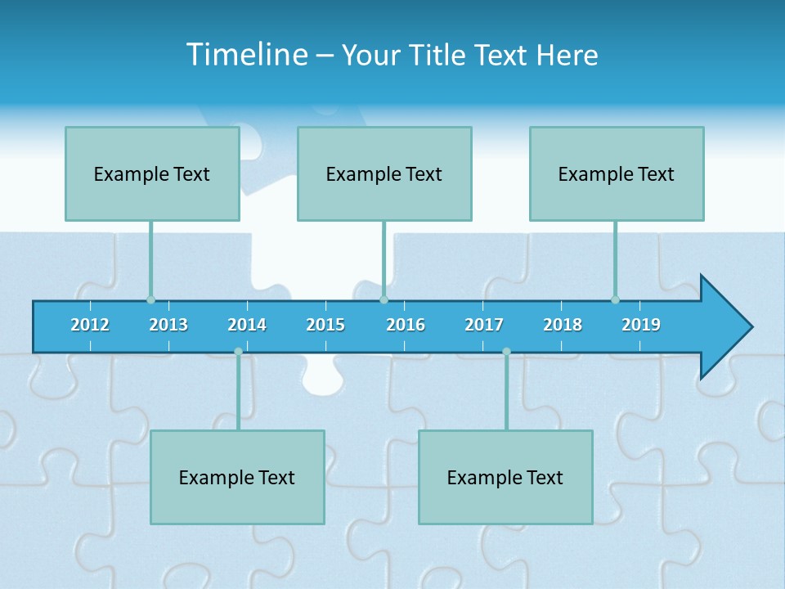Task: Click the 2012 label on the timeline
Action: click(x=90, y=325)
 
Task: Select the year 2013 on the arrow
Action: click(x=168, y=325)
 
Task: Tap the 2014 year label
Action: click(x=247, y=325)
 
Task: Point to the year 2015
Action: click(x=325, y=325)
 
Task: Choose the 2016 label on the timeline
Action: click(x=406, y=325)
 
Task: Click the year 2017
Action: click(x=484, y=325)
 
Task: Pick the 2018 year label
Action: click(x=563, y=325)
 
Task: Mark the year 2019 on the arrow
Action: click(x=641, y=325)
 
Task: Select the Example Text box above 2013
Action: click(x=152, y=173)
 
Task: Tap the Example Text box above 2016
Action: click(x=384, y=173)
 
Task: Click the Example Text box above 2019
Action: click(x=617, y=173)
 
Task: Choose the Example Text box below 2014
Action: click(x=237, y=477)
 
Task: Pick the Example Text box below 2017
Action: click(x=505, y=477)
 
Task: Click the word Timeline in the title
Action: click(x=246, y=55)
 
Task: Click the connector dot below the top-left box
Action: click(x=150, y=299)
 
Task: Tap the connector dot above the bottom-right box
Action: click(x=506, y=352)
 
